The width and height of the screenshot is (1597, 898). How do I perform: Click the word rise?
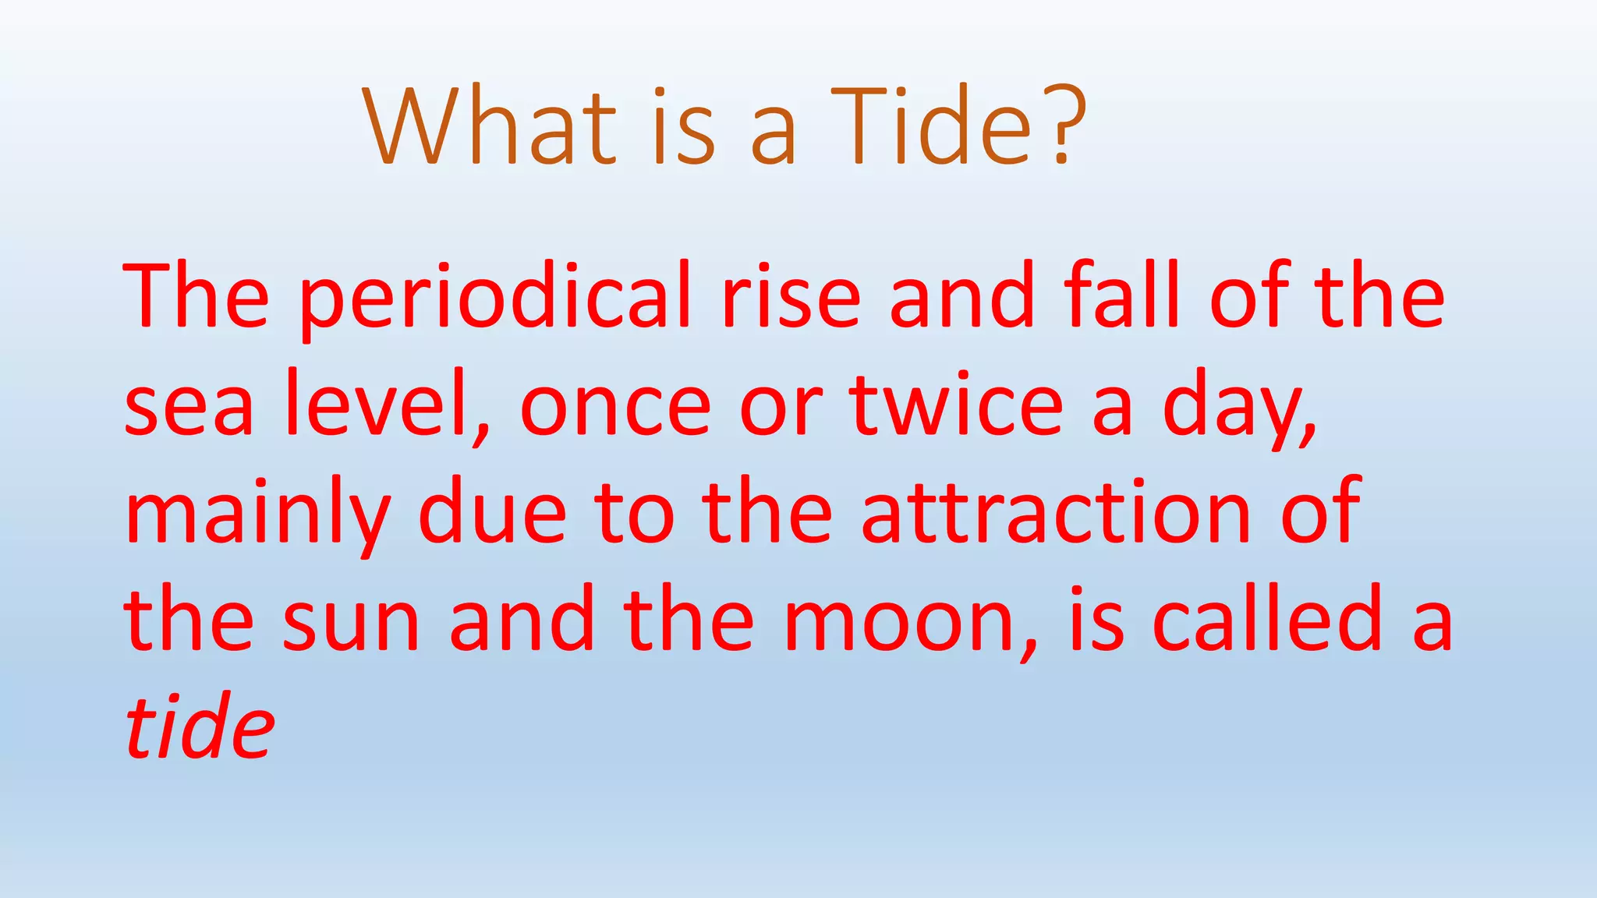[791, 296]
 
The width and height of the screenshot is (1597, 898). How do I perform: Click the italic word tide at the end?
[200, 727]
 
